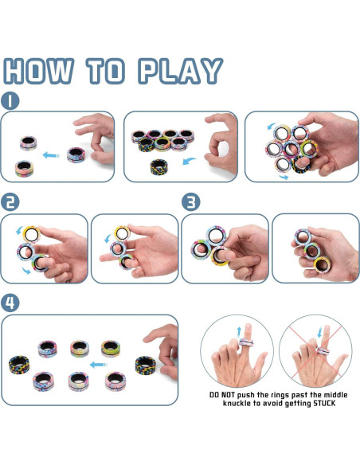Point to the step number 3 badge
click(x=190, y=202)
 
